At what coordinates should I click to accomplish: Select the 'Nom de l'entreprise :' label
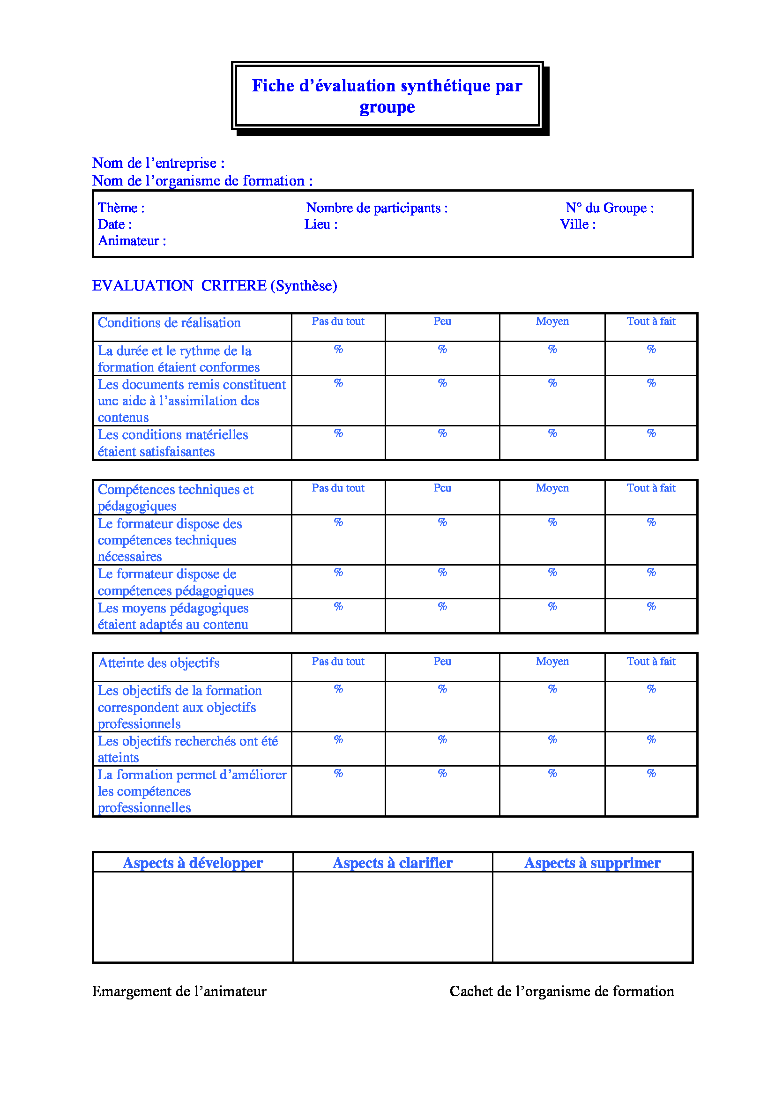[158, 163]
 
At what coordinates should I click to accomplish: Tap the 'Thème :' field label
[121, 208]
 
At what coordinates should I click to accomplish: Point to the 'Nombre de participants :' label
[377, 208]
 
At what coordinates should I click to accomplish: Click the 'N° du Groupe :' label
[610, 208]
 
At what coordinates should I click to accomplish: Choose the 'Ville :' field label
[577, 224]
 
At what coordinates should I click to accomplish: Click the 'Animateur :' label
[132, 241]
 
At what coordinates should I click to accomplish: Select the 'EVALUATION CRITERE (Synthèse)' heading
[215, 286]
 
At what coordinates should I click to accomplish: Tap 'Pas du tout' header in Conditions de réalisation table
[338, 322]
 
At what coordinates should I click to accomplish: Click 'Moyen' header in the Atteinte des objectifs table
[552, 662]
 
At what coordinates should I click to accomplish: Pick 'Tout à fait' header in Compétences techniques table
[651, 488]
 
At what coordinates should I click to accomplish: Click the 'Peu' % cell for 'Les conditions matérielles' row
[442, 433]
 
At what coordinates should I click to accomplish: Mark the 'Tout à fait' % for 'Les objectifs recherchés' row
[651, 740]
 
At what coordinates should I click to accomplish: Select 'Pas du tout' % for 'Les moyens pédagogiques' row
[338, 607]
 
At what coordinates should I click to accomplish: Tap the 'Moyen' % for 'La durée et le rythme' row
[552, 350]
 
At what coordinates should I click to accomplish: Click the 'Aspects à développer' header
[193, 863]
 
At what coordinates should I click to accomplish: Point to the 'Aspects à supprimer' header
[592, 863]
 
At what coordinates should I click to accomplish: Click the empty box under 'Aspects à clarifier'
[392, 917]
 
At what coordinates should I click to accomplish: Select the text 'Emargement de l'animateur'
[179, 992]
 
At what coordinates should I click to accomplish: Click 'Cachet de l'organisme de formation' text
[562, 992]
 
